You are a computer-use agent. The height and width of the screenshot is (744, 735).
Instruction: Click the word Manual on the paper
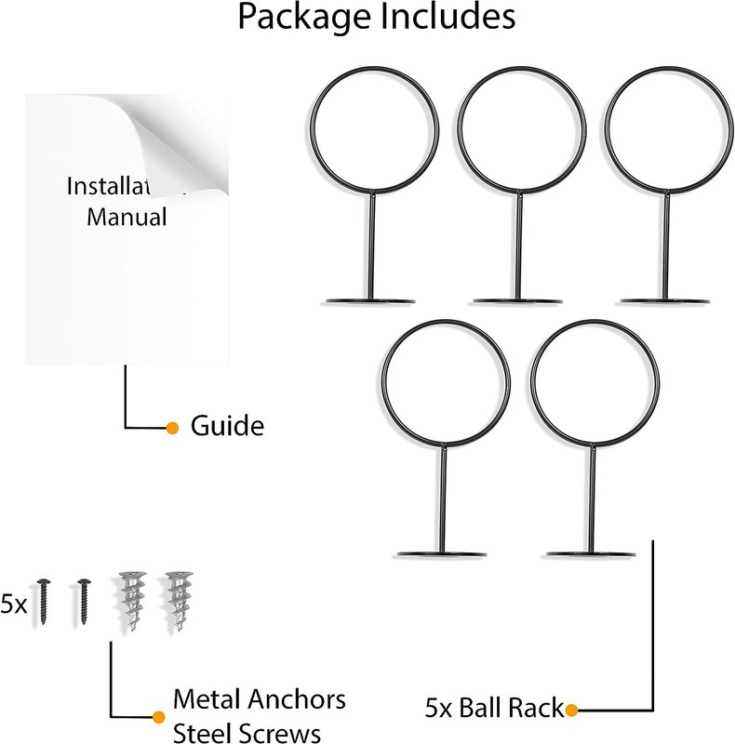(x=127, y=219)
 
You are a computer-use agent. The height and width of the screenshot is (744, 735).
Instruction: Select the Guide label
(x=227, y=427)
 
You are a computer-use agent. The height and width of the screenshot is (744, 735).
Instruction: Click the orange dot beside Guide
(x=171, y=428)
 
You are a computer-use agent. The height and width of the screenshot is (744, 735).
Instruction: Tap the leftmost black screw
(x=43, y=601)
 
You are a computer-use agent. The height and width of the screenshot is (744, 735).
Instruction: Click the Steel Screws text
(x=247, y=731)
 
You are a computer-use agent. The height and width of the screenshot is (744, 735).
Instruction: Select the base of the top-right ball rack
(x=668, y=299)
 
